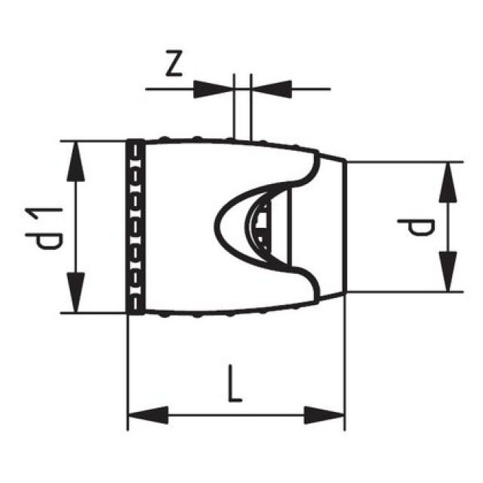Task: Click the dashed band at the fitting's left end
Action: click(135, 226)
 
